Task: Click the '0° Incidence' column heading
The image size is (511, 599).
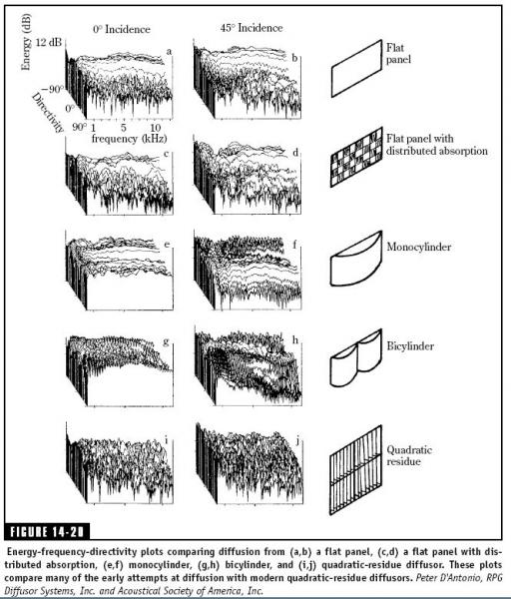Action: (122, 29)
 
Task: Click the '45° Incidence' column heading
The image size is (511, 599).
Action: (252, 28)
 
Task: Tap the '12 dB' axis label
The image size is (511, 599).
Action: (49, 42)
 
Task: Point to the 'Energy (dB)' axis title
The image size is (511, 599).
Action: (26, 42)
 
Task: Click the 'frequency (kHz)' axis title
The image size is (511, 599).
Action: (129, 139)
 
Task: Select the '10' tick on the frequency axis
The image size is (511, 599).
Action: (155, 127)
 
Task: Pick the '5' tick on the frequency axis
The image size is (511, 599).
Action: (124, 127)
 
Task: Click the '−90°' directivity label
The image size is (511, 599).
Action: (53, 90)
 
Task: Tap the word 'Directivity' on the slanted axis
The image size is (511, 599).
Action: (47, 112)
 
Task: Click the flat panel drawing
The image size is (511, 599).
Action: (356, 69)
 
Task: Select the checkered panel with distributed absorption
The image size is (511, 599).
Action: (356, 157)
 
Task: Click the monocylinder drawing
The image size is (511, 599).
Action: (356, 259)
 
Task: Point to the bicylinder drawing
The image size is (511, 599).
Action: (356, 357)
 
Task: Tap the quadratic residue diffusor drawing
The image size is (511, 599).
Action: (355, 470)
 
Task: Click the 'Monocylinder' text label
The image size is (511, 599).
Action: (419, 247)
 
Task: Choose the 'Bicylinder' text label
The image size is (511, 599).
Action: (410, 346)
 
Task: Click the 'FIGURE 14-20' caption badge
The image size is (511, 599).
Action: (47, 532)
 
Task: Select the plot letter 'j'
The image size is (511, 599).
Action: (297, 440)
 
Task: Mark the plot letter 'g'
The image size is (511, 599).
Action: (166, 341)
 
